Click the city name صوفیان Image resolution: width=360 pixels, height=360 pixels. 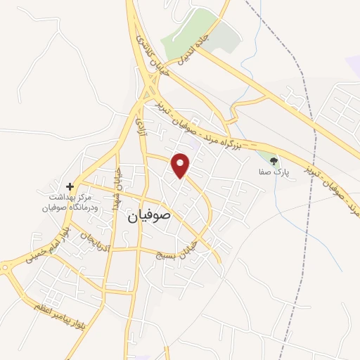coord(150,217)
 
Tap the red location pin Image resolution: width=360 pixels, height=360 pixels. coord(181,165)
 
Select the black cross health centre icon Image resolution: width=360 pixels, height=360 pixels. coord(79,186)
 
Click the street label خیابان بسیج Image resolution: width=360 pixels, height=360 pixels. coord(175,256)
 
